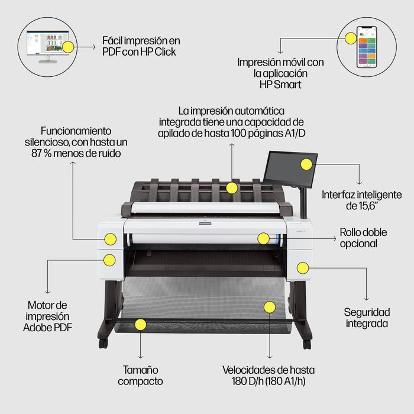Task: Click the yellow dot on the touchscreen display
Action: pos(306,165)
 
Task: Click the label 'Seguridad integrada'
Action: pos(367,318)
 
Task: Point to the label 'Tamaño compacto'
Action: pos(140,376)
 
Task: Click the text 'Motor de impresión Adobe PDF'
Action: pos(50,316)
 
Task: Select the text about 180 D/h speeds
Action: pos(269,376)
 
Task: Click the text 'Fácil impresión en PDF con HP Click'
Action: pos(141,46)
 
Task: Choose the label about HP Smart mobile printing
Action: pos(280,73)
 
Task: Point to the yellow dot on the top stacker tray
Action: pos(232,187)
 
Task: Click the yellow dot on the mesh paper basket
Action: pos(270,307)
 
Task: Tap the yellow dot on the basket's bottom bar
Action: pos(140,324)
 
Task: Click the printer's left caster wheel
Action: pos(103,343)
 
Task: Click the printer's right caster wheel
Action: pos(306,344)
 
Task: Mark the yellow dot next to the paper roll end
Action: pos(263,238)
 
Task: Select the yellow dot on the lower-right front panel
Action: pos(302,268)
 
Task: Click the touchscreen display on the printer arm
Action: pos(290,167)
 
